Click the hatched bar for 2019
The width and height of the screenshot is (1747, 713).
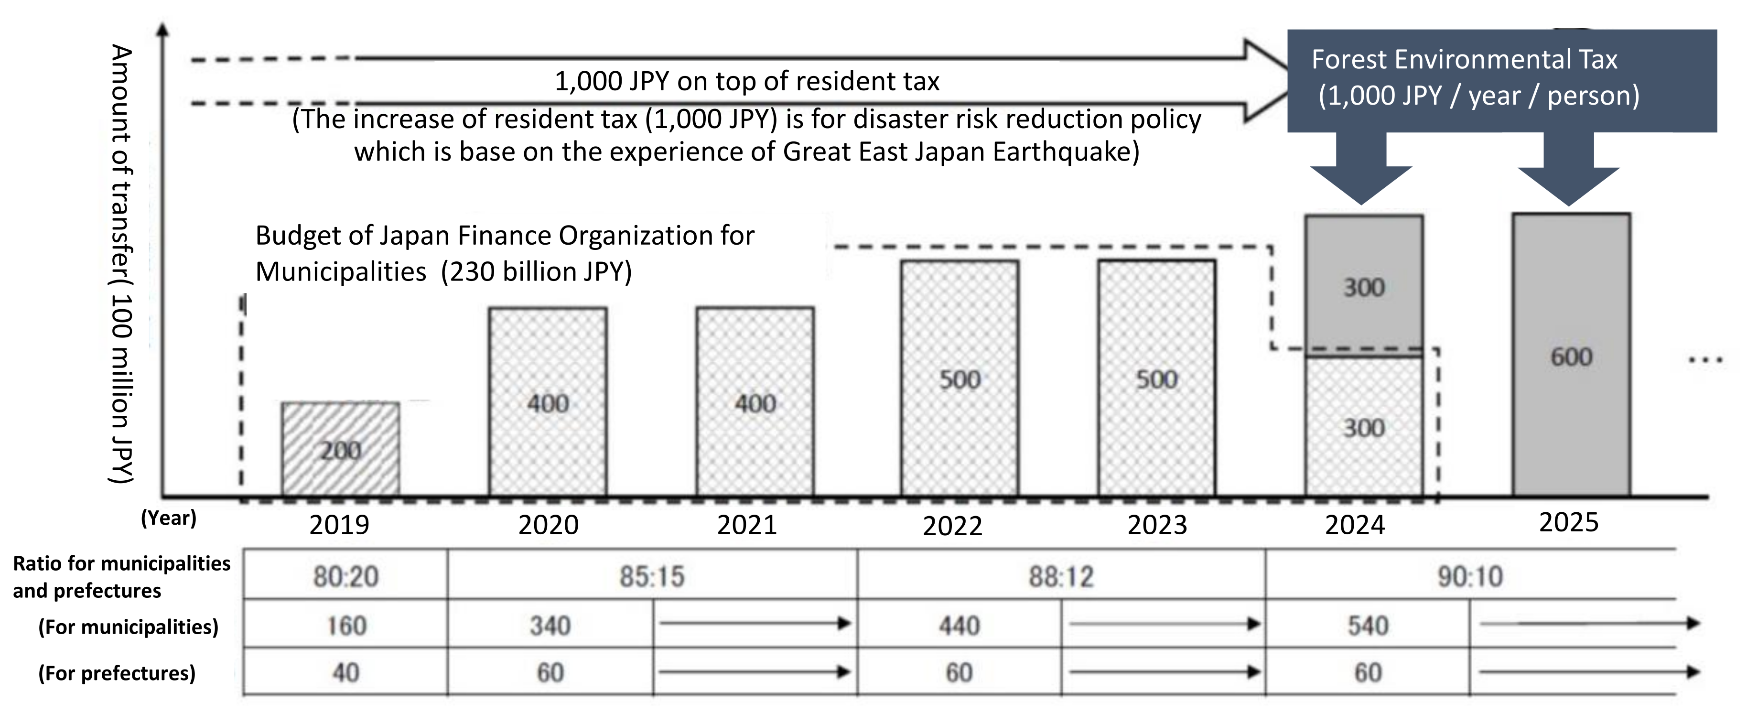tap(340, 449)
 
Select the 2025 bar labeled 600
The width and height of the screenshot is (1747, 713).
tap(1571, 356)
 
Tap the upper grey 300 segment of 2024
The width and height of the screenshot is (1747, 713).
tap(1364, 285)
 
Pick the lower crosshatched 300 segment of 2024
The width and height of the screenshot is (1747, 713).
tap(1364, 427)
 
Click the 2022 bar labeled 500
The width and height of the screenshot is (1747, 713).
tap(960, 378)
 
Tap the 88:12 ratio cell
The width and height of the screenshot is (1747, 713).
tap(1061, 576)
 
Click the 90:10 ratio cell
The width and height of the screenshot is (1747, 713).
tap(1470, 576)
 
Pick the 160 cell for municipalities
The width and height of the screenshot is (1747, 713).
tap(346, 625)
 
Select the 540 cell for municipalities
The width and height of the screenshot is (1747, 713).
tap(1367, 625)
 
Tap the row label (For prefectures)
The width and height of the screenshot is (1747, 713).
tap(117, 673)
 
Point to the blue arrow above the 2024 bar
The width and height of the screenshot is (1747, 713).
tap(1361, 170)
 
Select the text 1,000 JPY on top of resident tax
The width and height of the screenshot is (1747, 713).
tap(747, 81)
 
